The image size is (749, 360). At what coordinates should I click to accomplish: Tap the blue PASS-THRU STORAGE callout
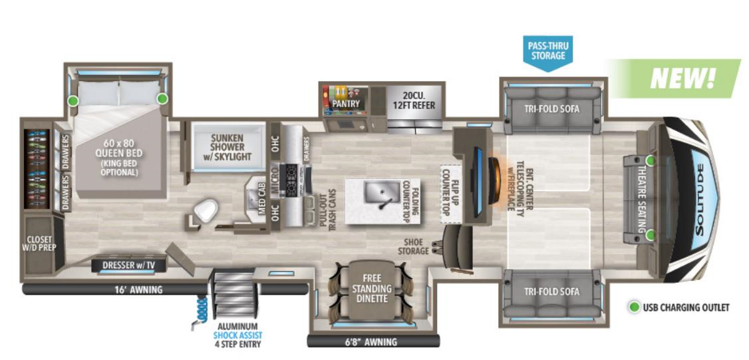(547, 51)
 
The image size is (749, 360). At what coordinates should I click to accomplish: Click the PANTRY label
(346, 104)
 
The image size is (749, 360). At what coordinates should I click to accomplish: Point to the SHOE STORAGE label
(412, 246)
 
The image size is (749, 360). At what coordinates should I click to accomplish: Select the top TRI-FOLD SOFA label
(551, 108)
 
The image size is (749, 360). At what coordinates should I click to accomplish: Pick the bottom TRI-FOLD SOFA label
(551, 291)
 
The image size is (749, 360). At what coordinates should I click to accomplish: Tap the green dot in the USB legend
(635, 307)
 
